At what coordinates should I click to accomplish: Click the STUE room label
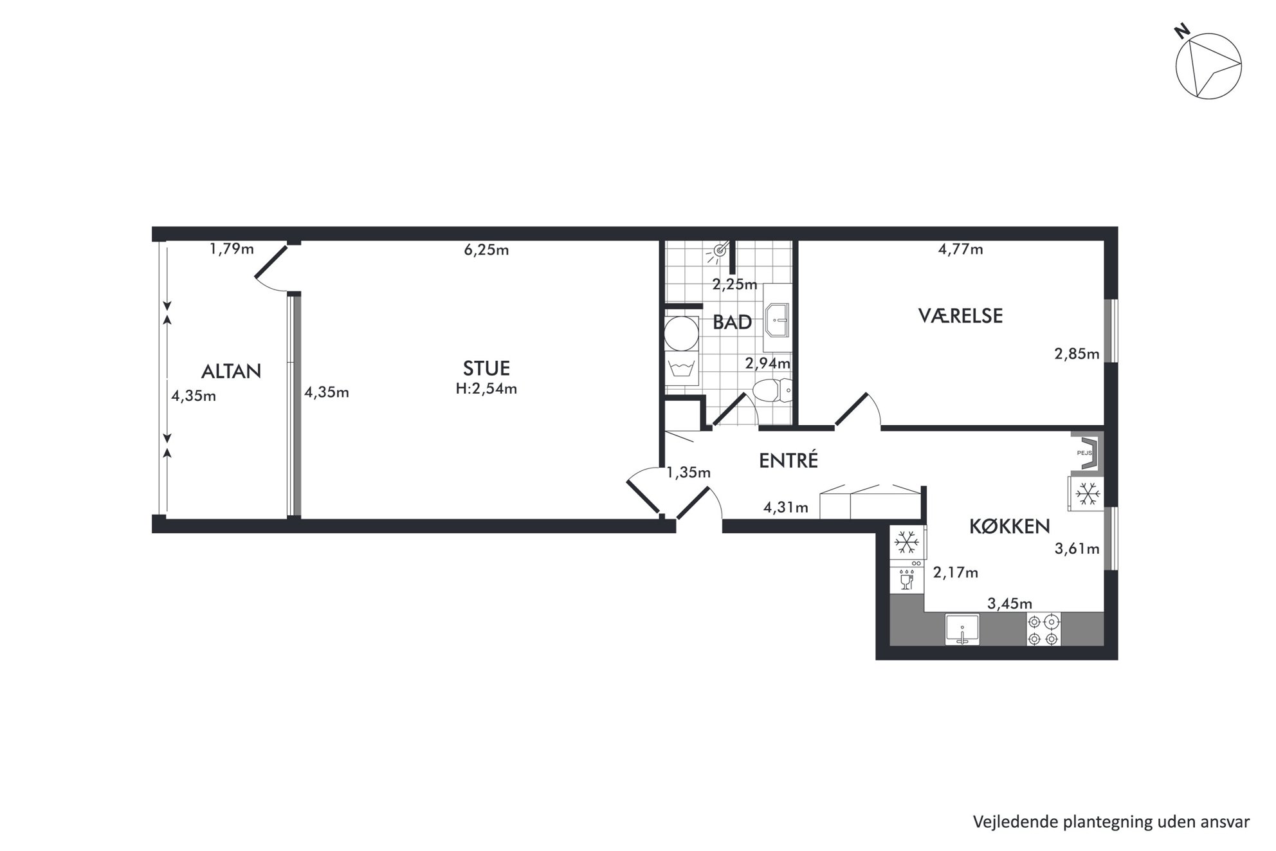pos(486,368)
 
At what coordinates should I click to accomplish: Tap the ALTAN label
pos(231,371)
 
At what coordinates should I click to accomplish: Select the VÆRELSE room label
pos(960,316)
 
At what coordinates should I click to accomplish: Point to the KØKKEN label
pos(1009,526)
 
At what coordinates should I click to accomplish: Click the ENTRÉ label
pos(788,460)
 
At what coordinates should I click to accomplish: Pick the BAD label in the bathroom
pos(732,322)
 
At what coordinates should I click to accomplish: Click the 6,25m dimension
pos(486,250)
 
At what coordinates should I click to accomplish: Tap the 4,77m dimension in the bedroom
pos(960,249)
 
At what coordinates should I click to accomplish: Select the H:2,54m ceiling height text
pos(486,389)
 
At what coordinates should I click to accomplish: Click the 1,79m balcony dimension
pos(232,248)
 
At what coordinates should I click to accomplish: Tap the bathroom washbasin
pos(776,319)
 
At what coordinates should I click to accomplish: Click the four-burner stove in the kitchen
pos(1043,630)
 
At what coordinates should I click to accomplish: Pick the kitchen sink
pos(962,630)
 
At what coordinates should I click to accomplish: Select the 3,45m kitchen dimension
pos(1010,603)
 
